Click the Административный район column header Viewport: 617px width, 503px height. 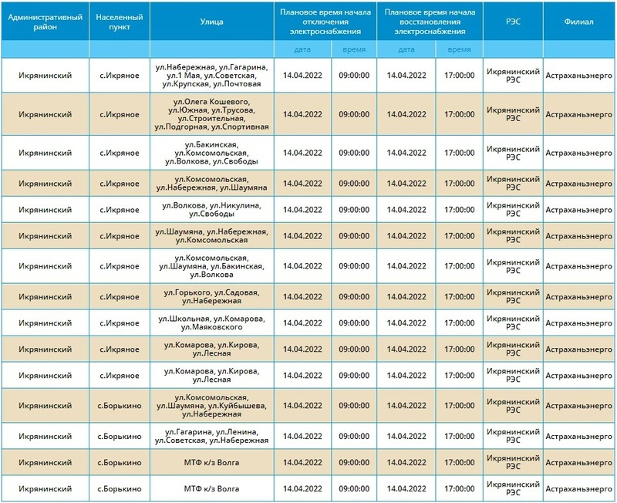pos(46,21)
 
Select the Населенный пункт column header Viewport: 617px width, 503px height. pos(119,21)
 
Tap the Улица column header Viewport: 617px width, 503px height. pos(211,21)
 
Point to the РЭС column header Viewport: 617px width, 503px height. pos(513,21)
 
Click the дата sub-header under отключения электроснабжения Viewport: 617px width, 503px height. pos(303,49)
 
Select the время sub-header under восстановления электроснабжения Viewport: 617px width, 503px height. pos(459,49)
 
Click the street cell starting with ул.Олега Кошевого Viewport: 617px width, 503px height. pos(211,114)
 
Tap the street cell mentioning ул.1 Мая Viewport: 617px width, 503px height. pos(211,76)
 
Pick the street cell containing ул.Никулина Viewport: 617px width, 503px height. pos(211,209)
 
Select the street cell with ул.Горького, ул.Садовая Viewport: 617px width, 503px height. pos(211,296)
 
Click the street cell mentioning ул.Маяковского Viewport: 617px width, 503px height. pos(211,323)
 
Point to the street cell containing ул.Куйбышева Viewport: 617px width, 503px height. pos(211,406)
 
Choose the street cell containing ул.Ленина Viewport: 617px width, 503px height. pos(211,436)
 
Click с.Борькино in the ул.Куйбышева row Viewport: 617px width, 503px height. pos(119,406)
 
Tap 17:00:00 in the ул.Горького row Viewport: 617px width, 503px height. pos(459,296)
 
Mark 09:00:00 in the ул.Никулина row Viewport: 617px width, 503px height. pos(355,209)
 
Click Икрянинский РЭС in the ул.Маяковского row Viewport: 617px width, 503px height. pos(513,323)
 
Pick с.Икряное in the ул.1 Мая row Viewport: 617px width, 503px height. pos(119,76)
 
